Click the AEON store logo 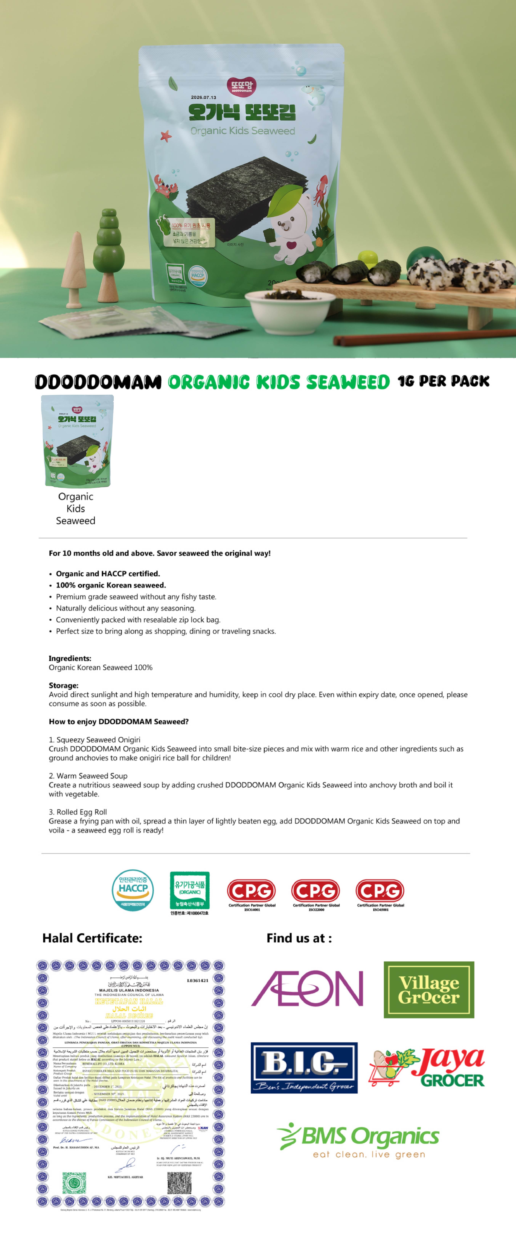point(307,988)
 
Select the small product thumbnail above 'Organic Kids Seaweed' point(77,441)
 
